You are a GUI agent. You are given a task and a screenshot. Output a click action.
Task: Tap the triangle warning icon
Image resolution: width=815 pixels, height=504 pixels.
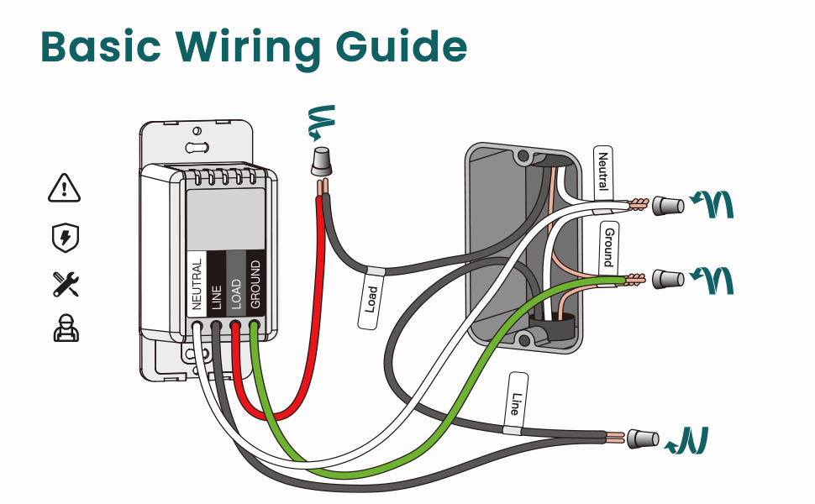click(x=65, y=188)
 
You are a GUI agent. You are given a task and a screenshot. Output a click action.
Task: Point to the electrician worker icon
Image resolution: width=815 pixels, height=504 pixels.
click(x=65, y=328)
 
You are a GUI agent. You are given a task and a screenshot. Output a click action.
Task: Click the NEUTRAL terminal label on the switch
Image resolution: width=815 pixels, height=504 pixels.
click(x=197, y=286)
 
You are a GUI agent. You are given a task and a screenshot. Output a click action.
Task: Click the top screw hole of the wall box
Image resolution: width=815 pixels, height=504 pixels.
click(x=523, y=156)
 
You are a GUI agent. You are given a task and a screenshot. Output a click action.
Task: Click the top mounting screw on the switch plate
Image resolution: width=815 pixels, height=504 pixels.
click(x=196, y=132)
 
